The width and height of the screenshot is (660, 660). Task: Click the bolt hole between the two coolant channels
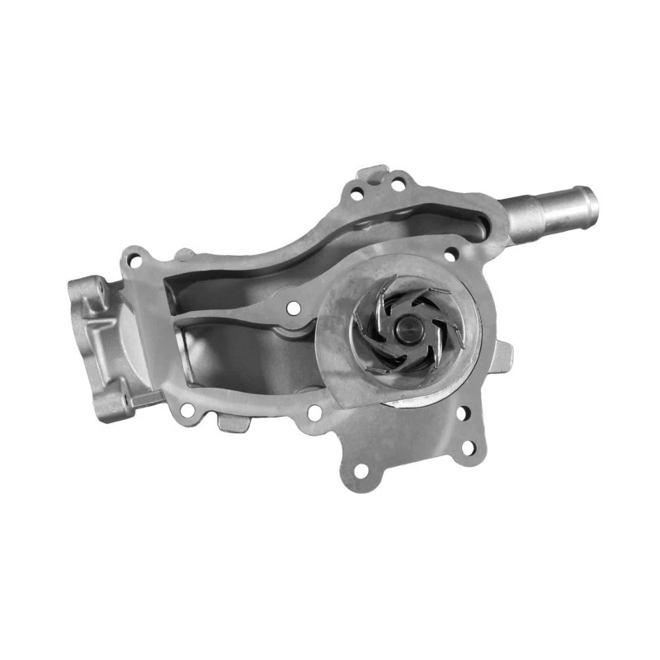[294, 309]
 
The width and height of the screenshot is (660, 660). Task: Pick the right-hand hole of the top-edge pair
[397, 185]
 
